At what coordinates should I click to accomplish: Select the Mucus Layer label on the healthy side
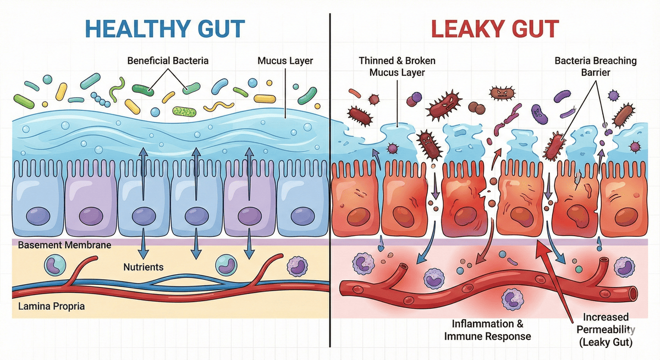[x=285, y=60]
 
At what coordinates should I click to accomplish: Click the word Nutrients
[x=143, y=268]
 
